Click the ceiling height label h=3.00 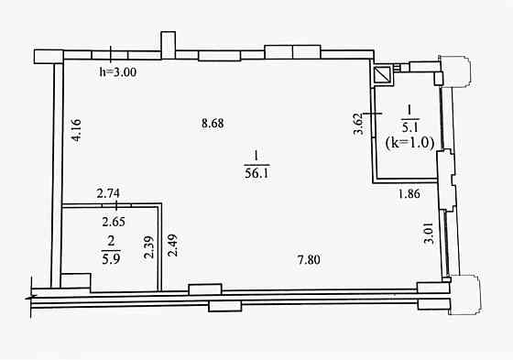click(x=118, y=72)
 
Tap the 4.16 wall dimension click(x=76, y=130)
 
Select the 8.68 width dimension click(x=213, y=124)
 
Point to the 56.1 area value click(x=256, y=173)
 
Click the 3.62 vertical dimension click(x=359, y=124)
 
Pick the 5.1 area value click(x=409, y=127)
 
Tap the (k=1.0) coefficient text click(x=409, y=143)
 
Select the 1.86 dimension click(x=409, y=194)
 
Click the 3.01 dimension click(x=429, y=234)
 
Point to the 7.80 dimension click(x=309, y=260)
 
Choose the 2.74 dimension click(x=108, y=193)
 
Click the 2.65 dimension click(x=114, y=222)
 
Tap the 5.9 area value click(x=111, y=259)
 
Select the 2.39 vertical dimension click(x=148, y=247)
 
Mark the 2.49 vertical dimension click(x=172, y=245)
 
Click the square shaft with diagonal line click(x=383, y=75)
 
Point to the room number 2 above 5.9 click(x=111, y=242)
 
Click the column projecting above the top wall click(x=169, y=45)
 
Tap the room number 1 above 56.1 click(x=256, y=156)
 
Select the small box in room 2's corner click(x=76, y=282)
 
